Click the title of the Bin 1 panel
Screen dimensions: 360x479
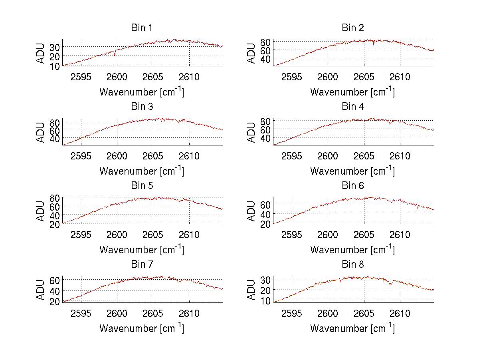coord(142,28)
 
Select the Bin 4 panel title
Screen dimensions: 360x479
coord(353,107)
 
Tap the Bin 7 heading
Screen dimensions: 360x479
coord(142,265)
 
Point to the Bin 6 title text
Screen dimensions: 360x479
coord(353,186)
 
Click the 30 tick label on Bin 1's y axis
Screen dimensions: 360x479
coord(55,47)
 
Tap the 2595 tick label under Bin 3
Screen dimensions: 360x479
coord(81,156)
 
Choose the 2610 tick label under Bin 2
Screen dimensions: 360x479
coord(400,77)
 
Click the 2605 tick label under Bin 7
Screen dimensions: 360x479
coord(153,314)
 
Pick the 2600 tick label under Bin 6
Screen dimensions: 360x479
coord(328,235)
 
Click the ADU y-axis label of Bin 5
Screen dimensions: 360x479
coord(41,211)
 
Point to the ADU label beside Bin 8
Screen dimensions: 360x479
coord(252,290)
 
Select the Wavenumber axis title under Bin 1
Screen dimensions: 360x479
coord(142,92)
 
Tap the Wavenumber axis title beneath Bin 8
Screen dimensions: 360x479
coord(353,328)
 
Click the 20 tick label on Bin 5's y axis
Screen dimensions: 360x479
coord(55,224)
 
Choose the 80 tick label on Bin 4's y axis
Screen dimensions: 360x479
coord(266,121)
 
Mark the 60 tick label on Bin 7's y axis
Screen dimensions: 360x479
coord(55,280)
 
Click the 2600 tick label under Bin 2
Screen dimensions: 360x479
coord(328,77)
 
